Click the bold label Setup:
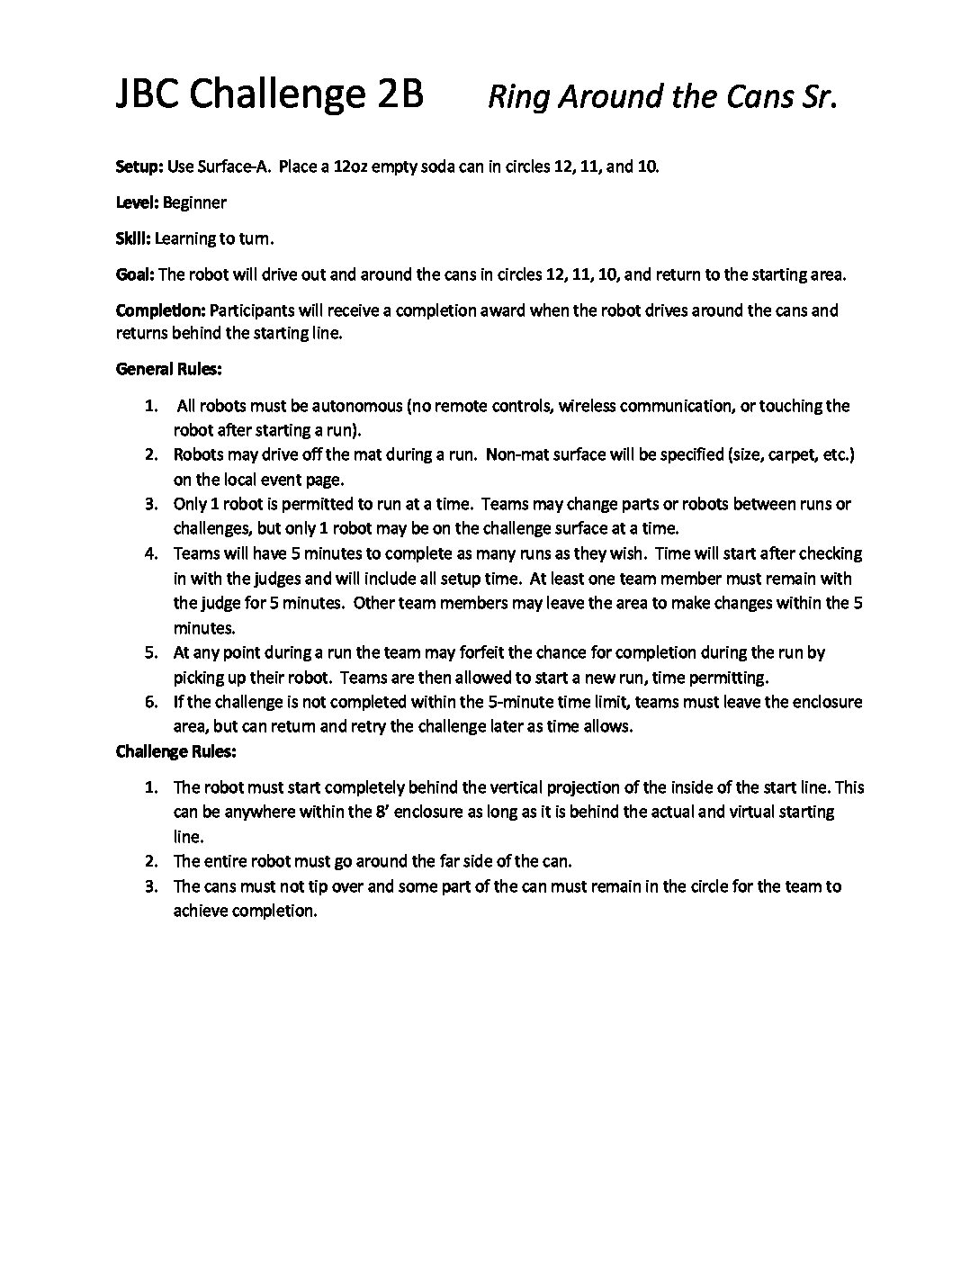(x=139, y=167)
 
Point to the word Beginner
(x=194, y=202)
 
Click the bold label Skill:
(x=134, y=238)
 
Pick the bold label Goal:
(x=136, y=274)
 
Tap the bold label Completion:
(x=160, y=310)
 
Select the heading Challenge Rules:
(x=176, y=750)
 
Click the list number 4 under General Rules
(x=151, y=553)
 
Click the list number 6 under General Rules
(x=151, y=702)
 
